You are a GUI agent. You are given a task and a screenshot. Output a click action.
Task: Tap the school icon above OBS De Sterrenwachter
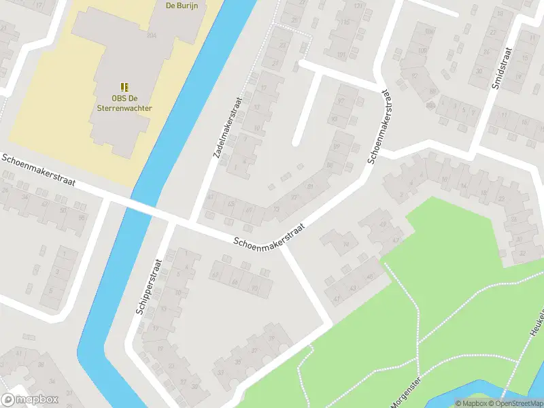coord(124,87)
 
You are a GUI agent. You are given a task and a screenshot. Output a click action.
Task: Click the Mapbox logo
coord(30,400)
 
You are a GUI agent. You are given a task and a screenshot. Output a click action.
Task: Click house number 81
coord(311,186)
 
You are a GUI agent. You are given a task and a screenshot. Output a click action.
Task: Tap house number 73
coord(276,209)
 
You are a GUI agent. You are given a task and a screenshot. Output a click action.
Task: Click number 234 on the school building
coord(151,35)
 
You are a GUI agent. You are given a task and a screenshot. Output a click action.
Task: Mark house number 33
coord(220,373)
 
